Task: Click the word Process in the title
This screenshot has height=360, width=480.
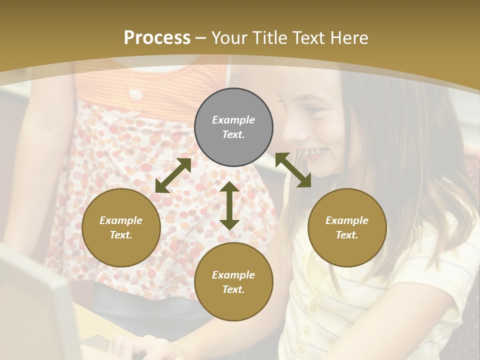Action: click(x=157, y=38)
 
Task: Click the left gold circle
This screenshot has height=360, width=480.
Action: click(x=121, y=227)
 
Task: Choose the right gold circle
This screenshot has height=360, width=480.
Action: click(x=347, y=227)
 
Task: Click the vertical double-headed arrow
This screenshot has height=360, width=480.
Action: click(x=229, y=205)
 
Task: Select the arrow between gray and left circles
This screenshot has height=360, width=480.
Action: click(x=173, y=175)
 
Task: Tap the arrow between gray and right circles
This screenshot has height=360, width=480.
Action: click(x=293, y=170)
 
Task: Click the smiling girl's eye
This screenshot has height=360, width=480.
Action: click(x=313, y=108)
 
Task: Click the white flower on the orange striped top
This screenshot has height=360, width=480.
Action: click(x=135, y=93)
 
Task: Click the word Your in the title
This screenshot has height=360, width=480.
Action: click(x=227, y=38)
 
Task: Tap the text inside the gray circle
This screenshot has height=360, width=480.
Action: click(x=233, y=127)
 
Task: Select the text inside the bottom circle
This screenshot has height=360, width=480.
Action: click(x=233, y=282)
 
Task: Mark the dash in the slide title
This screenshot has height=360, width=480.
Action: click(x=201, y=38)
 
